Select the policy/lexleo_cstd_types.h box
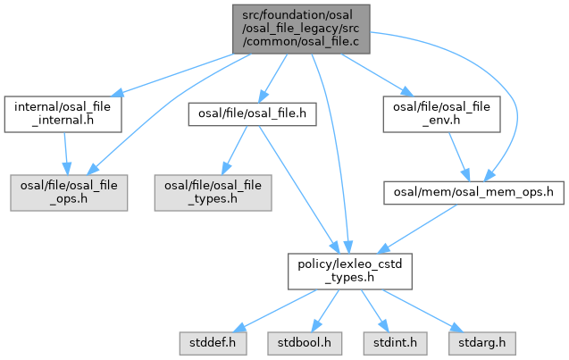[349, 270]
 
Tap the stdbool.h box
[299, 340]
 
